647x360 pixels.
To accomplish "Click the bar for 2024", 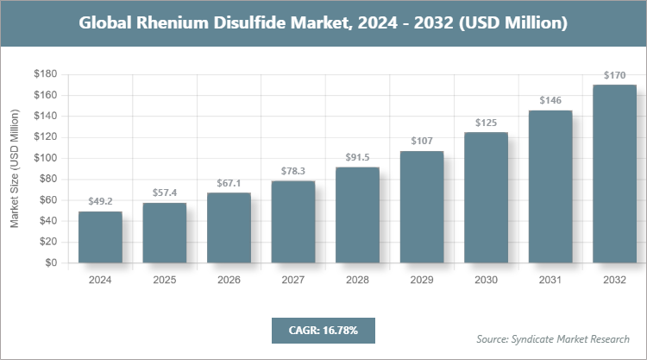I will tap(100, 237).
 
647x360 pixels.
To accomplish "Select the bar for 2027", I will tap(292, 222).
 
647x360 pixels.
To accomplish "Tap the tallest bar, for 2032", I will tap(614, 174).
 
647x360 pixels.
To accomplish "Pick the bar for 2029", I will tap(421, 207).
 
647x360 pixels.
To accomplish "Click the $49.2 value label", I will tap(100, 201).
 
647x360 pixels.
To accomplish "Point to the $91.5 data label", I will tap(357, 157).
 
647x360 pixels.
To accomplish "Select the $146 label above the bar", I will tap(550, 100).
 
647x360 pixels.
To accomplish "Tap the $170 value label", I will tap(614, 75).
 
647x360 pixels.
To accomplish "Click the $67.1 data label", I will tap(229, 183).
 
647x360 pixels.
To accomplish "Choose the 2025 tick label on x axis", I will tap(164, 280).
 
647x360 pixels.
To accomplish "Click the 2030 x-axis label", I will tap(486, 280).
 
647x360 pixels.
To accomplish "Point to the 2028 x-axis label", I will tap(357, 280).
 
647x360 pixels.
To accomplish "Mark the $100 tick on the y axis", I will tap(45, 158).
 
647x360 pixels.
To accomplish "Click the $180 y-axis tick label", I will tap(45, 74).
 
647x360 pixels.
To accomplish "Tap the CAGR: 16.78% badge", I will tap(323, 330).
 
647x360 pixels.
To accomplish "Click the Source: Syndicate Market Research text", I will tap(553, 338).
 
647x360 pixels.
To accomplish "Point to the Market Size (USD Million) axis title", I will tap(15, 168).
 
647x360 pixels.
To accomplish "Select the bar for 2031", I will tap(550, 186).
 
